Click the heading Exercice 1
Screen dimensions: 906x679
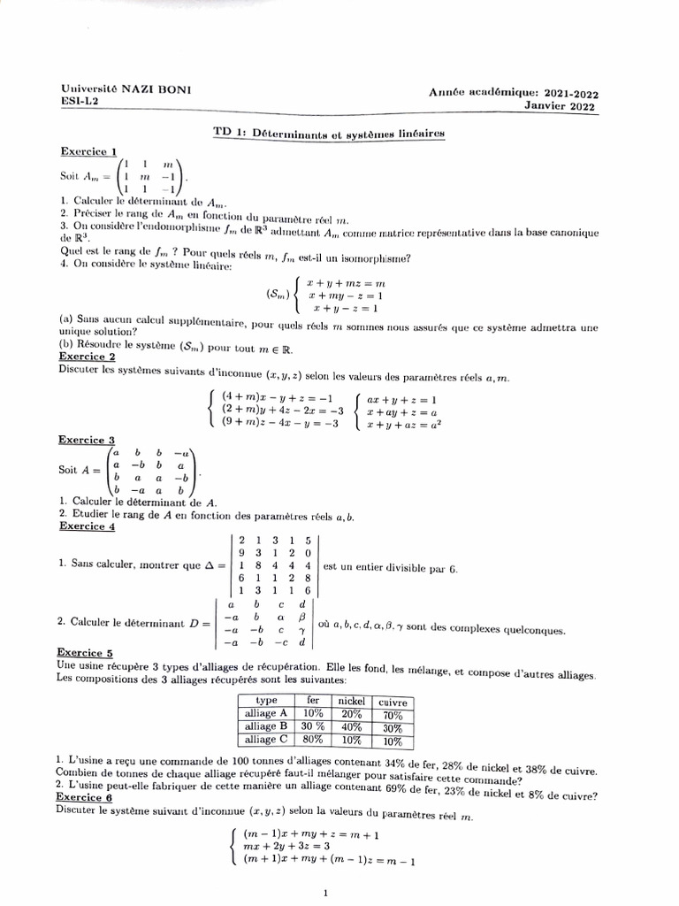tap(88, 151)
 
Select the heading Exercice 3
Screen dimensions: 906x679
tap(87, 440)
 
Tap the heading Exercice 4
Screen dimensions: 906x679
tap(87, 526)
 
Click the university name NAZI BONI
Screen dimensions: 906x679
tap(157, 89)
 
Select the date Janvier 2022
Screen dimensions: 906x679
tap(560, 106)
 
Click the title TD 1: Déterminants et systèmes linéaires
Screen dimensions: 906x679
tap(328, 132)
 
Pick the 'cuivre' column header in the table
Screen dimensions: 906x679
tap(393, 702)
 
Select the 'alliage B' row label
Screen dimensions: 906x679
tap(266, 726)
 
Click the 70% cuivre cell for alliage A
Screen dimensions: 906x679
tap(393, 715)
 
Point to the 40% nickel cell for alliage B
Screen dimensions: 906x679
tap(352, 727)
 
